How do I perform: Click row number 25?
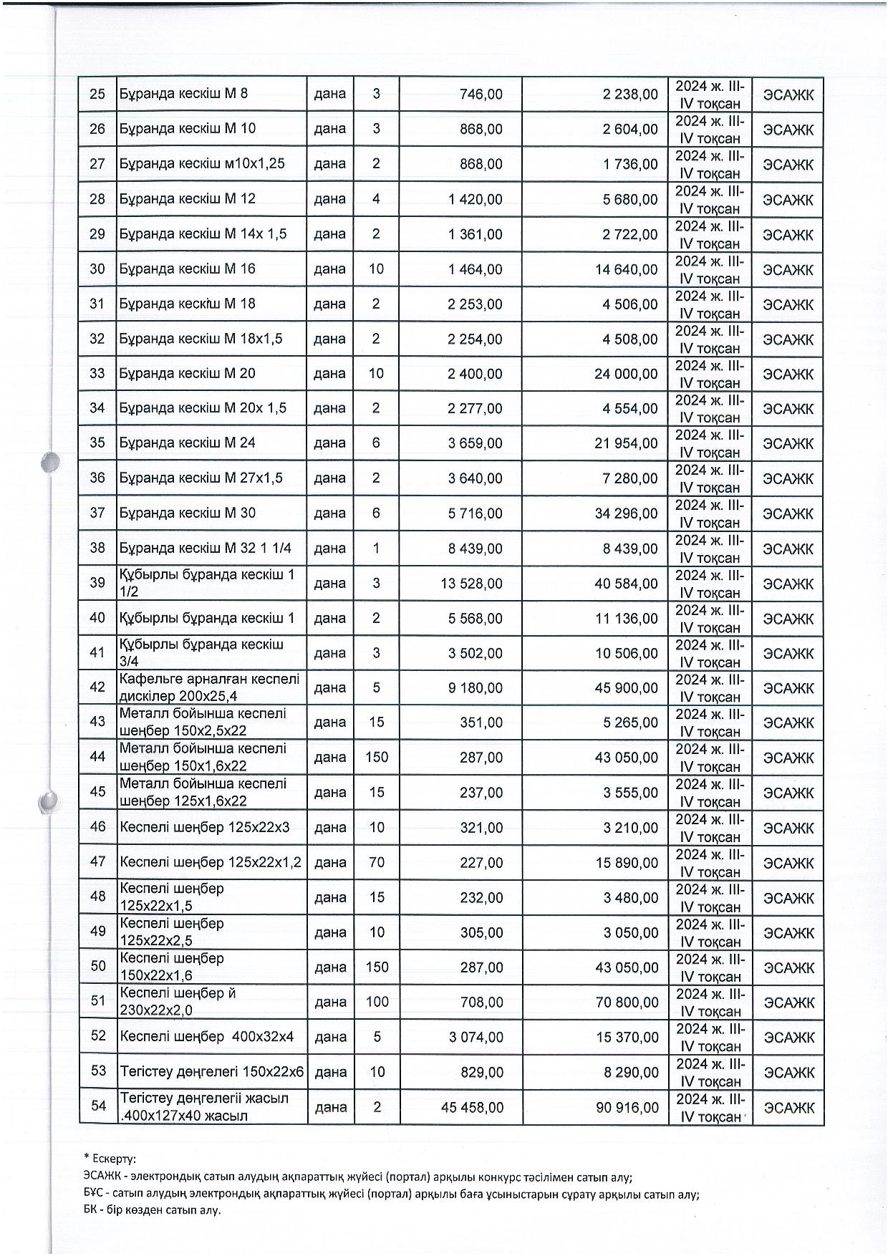pyautogui.click(x=97, y=94)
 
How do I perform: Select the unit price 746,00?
pyautogui.click(x=481, y=95)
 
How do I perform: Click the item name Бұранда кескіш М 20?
pyautogui.click(x=187, y=374)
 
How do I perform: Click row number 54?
pyautogui.click(x=98, y=1106)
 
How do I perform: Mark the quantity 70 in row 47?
pyautogui.click(x=377, y=862)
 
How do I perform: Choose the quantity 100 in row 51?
pyautogui.click(x=377, y=1002)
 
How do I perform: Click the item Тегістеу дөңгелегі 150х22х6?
pyautogui.click(x=212, y=1072)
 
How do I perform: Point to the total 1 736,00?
pyautogui.click(x=630, y=164)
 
